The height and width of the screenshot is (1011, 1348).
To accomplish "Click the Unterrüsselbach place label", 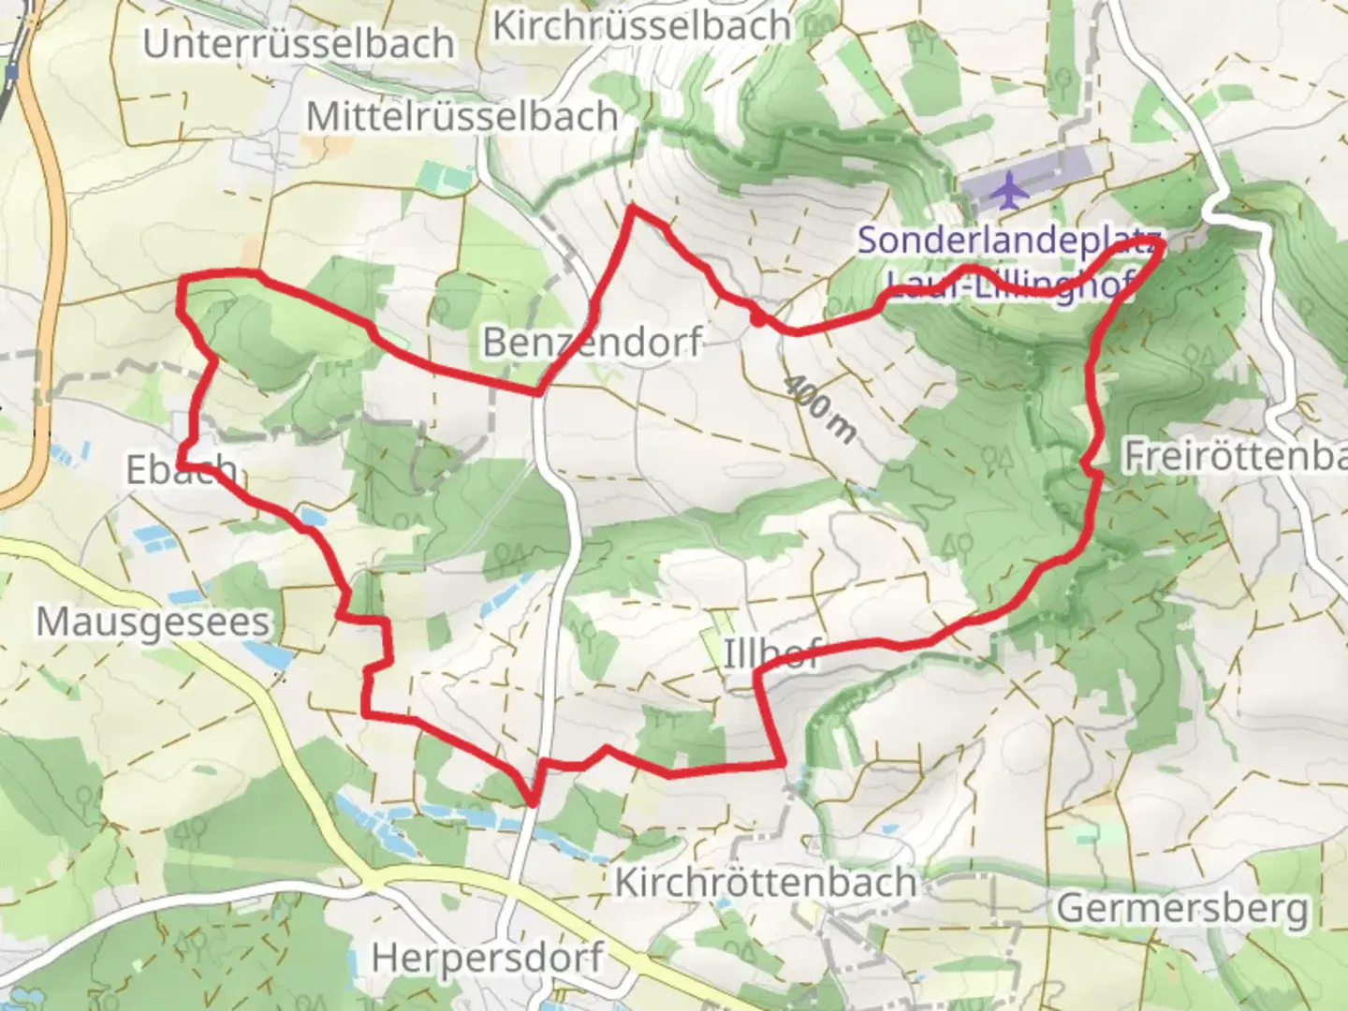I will (298, 44).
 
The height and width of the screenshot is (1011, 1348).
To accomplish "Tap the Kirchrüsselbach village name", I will (641, 25).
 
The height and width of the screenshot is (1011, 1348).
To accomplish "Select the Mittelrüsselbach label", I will (462, 117).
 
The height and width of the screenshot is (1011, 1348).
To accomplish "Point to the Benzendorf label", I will (592, 343).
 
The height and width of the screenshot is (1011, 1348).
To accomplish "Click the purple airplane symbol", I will (1008, 191).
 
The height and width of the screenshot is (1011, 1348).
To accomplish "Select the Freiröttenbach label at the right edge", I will (1234, 456).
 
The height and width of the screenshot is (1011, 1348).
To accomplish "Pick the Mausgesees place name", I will (153, 622).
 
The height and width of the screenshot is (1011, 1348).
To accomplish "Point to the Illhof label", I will (771, 653).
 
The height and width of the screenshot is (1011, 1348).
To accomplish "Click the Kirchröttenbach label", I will (765, 882).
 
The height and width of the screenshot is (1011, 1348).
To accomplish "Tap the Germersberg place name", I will (1182, 907).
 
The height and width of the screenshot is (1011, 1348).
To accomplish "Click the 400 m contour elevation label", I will (820, 409).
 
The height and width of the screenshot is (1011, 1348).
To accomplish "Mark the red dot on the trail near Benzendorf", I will (755, 320).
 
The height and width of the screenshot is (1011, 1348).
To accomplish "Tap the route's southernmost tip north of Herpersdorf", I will (533, 802).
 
